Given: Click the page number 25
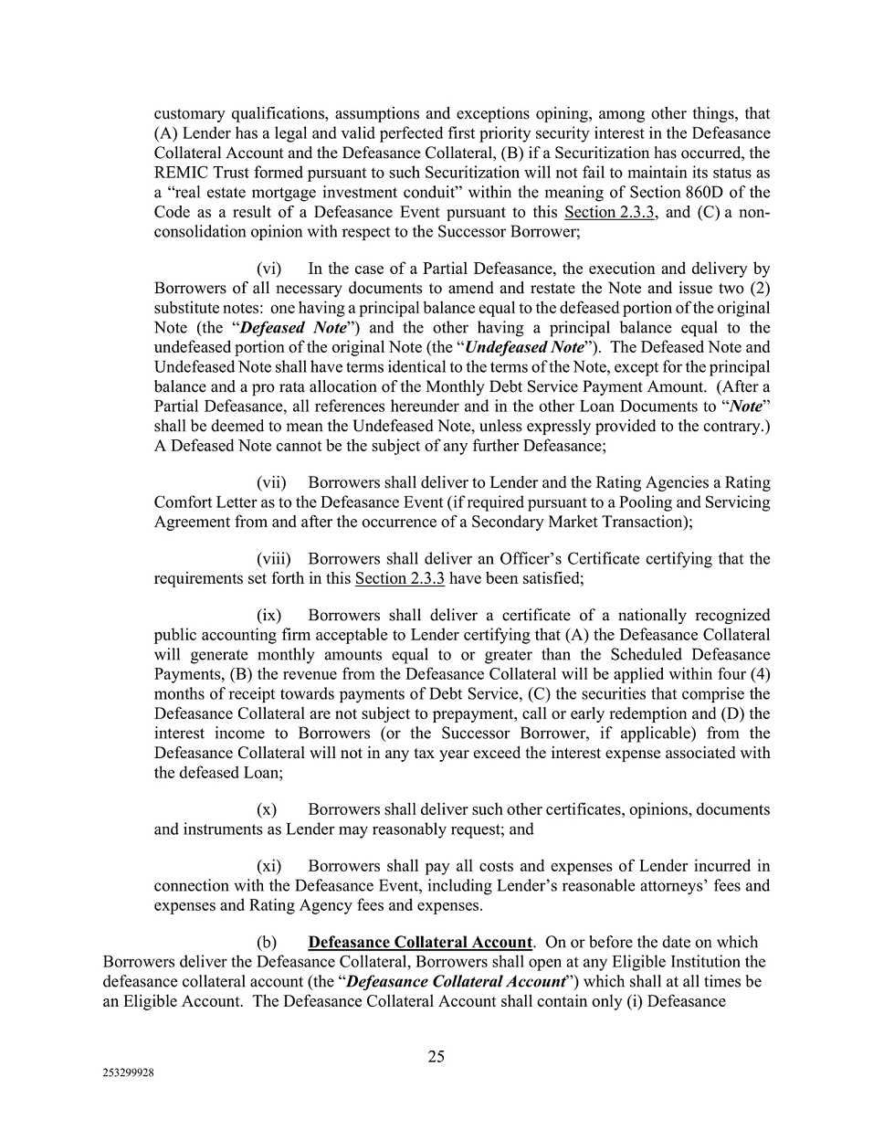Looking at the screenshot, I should (x=436, y=1057).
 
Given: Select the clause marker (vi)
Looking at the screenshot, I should (x=270, y=269).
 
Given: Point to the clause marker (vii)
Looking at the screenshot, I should (x=272, y=482).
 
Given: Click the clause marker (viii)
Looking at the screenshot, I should (x=274, y=558).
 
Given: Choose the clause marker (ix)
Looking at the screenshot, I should (x=270, y=615).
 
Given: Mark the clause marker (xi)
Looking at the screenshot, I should (x=270, y=865).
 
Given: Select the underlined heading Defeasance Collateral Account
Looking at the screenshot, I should (x=420, y=942).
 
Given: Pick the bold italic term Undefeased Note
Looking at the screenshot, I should (x=524, y=347).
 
